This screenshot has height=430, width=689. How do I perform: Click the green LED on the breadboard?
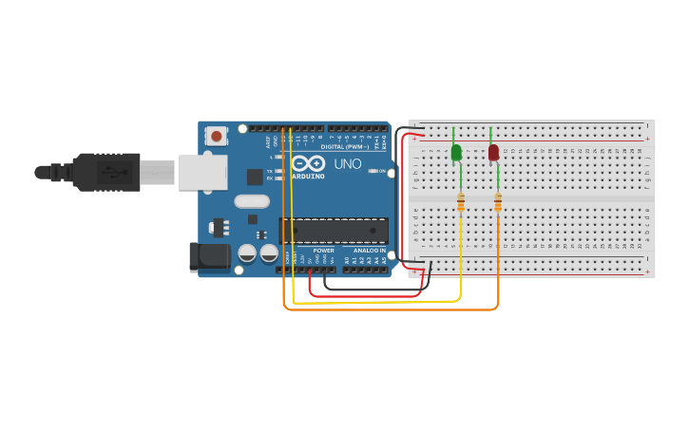[x=456, y=152]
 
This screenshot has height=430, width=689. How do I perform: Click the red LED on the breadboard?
[x=493, y=152]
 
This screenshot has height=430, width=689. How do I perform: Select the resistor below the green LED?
[x=461, y=202]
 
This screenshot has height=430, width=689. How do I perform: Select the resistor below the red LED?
[x=498, y=202]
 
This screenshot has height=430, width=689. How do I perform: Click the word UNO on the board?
[x=347, y=163]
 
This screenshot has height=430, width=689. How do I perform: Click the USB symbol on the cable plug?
[x=112, y=172]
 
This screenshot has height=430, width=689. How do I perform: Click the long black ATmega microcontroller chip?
[x=334, y=231]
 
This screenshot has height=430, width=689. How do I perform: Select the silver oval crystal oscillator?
[x=252, y=200]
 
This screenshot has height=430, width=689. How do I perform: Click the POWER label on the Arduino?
[x=323, y=251]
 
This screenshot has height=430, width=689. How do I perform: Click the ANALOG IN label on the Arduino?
[x=370, y=251]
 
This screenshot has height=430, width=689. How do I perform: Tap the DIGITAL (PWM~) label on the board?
[x=344, y=147]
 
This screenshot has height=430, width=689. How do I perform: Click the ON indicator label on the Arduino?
[x=381, y=171]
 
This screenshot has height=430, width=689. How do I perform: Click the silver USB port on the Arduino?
[x=202, y=172]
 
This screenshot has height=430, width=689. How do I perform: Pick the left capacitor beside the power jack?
[x=247, y=253]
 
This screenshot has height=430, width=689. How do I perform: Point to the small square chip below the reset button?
[x=255, y=177]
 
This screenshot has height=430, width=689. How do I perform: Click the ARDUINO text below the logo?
[x=309, y=177]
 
